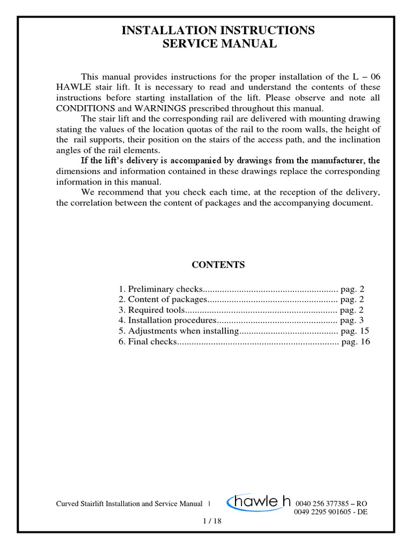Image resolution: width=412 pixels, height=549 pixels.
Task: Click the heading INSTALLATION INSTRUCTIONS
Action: point(218,31)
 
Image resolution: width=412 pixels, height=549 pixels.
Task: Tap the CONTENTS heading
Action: point(218,265)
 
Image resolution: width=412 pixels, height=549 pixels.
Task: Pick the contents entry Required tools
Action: point(151,310)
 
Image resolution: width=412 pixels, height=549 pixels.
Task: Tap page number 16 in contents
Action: point(365,342)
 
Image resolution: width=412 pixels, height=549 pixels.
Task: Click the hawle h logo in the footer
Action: point(258,502)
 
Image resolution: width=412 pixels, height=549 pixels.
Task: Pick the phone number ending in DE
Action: point(331,512)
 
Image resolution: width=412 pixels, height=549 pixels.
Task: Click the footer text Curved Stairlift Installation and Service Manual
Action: point(129,504)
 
